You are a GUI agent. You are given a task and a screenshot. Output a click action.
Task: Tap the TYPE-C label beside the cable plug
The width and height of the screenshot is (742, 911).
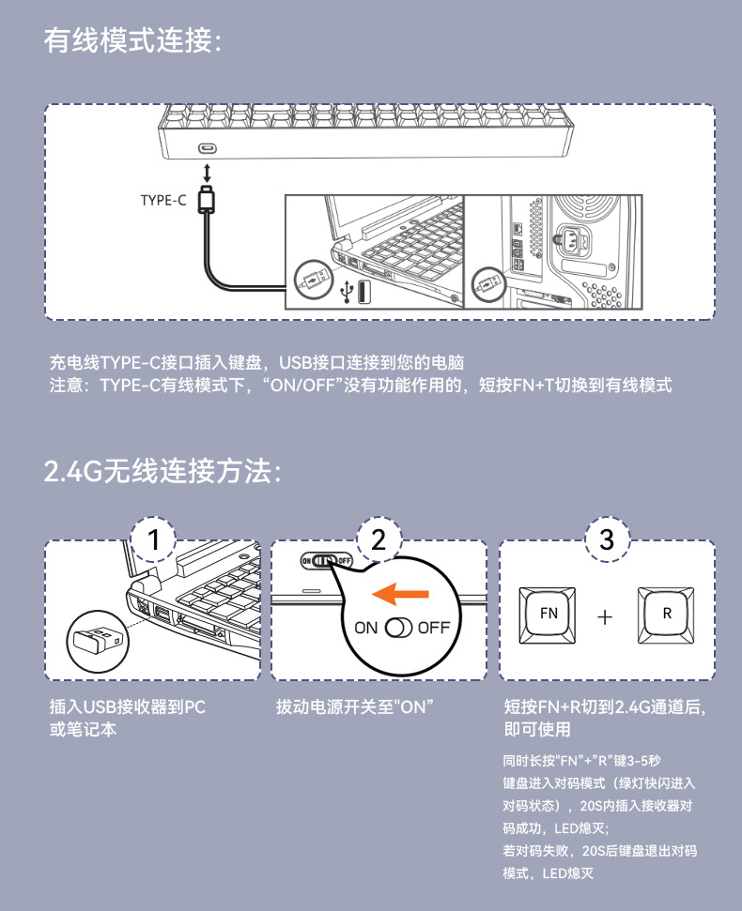163,201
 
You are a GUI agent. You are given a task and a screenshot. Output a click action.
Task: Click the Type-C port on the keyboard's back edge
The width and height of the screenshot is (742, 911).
208,149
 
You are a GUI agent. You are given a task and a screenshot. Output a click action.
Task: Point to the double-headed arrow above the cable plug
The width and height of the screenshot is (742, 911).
207,174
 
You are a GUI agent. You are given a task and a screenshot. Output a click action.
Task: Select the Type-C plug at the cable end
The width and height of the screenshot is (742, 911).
207,199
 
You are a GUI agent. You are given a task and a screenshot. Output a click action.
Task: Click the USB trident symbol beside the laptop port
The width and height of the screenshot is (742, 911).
347,292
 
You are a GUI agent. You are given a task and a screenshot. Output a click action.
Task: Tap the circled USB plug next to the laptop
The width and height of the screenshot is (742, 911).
314,280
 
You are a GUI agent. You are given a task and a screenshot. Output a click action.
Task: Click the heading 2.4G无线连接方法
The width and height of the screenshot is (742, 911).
162,471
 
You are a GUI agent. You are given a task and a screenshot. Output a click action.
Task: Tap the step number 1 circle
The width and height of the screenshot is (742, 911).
153,539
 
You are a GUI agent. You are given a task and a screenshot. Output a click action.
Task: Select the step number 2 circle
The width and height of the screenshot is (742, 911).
379,539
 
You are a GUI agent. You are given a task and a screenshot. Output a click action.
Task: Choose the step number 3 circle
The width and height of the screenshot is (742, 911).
607,539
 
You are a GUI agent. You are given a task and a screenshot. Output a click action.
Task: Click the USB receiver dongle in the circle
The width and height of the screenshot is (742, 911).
97,640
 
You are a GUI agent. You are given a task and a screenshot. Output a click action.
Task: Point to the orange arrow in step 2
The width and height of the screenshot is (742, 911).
400,593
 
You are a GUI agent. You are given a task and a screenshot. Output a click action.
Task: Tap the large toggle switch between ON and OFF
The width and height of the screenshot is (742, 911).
399,628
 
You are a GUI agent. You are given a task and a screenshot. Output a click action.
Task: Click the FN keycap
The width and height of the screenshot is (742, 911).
548,615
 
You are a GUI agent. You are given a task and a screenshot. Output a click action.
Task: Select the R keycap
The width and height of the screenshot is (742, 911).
666,615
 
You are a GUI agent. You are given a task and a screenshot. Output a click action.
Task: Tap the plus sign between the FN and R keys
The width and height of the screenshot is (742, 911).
605,616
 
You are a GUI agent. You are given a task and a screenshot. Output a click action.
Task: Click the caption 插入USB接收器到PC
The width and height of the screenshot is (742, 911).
128,707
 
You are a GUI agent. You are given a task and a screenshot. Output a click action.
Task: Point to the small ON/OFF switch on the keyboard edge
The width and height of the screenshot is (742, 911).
326,561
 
